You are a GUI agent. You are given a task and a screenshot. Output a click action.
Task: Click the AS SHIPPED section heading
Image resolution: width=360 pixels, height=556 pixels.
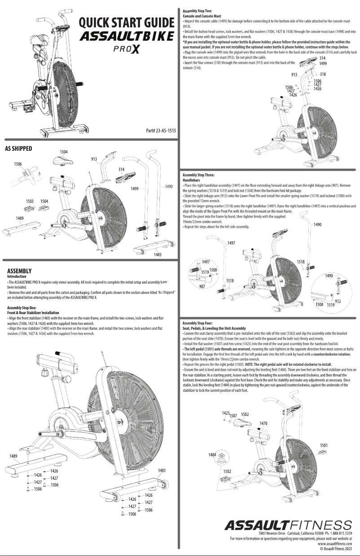tap(18, 148)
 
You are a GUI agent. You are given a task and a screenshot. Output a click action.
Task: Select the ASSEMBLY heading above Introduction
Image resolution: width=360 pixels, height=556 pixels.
tap(20, 271)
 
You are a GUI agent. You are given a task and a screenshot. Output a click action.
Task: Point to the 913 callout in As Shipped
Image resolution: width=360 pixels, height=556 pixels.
tap(94, 159)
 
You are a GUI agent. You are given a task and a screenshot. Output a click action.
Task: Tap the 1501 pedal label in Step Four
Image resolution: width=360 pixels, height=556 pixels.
tap(324, 445)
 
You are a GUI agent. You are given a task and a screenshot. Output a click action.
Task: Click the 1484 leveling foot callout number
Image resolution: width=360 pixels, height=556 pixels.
tap(212, 455)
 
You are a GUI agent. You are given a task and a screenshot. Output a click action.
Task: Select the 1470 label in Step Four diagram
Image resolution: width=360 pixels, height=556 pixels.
tap(264, 423)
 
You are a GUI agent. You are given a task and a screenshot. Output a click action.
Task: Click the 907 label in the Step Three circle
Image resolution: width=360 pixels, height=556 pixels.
tap(202, 286)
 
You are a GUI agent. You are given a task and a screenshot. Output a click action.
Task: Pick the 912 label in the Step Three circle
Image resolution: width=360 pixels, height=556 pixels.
tap(338, 301)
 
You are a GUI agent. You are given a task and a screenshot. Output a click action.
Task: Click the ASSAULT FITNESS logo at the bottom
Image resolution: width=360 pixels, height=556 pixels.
tap(288, 525)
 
